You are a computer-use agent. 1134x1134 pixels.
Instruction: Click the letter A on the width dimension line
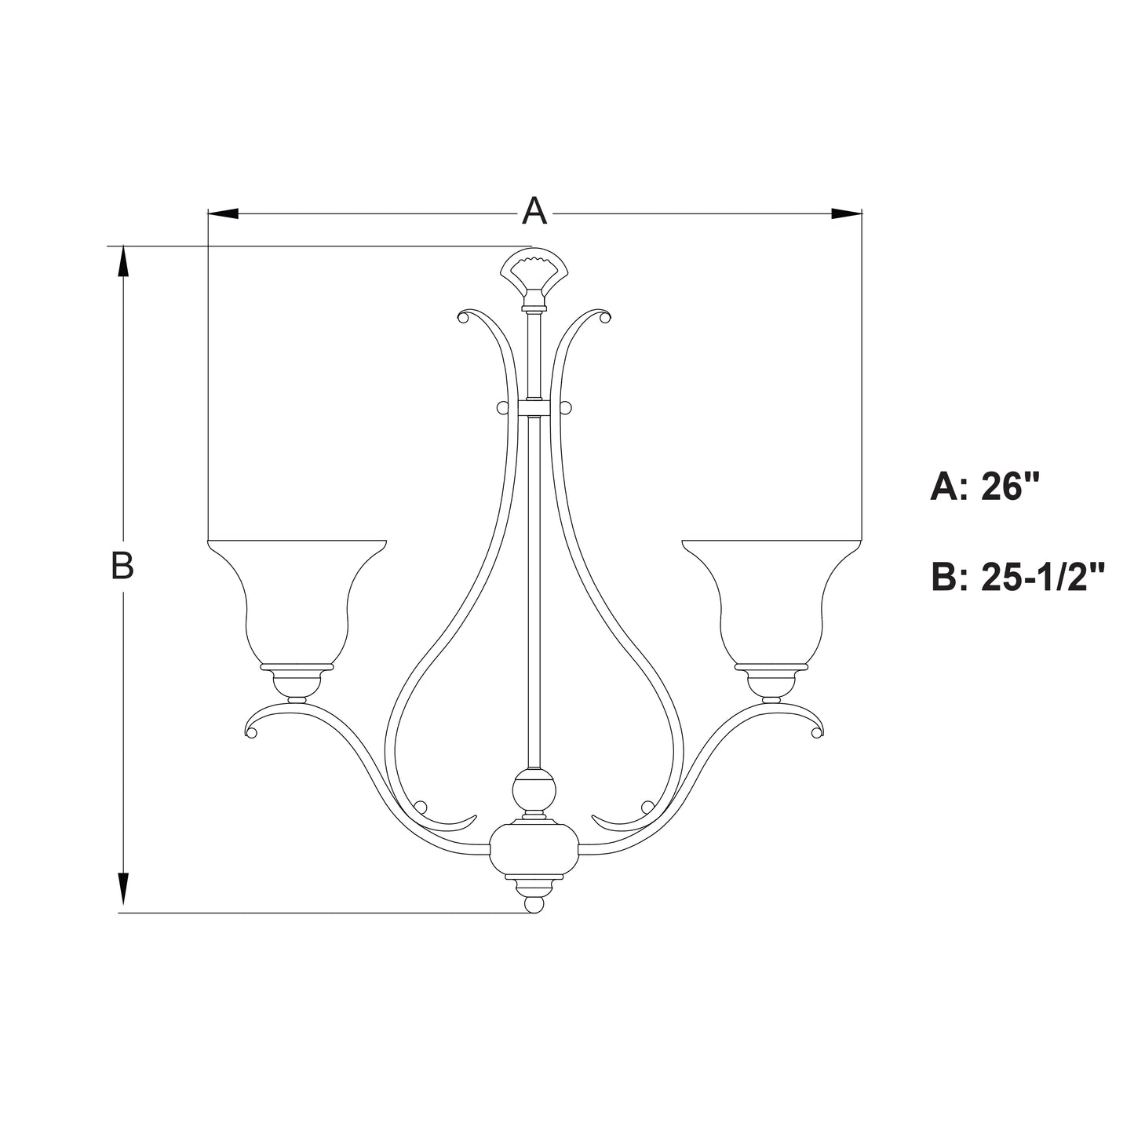(534, 211)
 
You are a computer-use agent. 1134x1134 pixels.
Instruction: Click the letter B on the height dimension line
(122, 566)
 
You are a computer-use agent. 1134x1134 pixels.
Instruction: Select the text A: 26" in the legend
(984, 487)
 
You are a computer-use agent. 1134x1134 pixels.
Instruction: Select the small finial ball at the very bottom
(534, 904)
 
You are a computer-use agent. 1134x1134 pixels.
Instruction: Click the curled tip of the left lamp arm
(252, 732)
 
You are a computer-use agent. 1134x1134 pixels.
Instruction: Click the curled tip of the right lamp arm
(817, 732)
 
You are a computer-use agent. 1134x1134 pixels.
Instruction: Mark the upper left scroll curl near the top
(464, 316)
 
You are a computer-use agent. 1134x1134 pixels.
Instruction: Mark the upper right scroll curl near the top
(603, 316)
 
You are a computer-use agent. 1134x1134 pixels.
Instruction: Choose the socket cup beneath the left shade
(297, 683)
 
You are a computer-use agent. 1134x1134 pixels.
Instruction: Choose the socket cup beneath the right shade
(771, 683)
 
